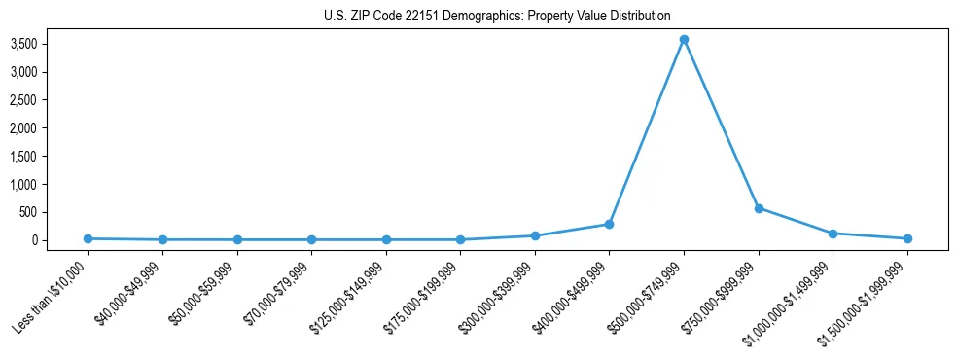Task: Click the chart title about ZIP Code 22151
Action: [x=497, y=16]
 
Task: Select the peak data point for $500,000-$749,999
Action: [x=684, y=40]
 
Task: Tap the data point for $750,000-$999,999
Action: [x=759, y=208]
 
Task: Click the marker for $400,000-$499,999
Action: [x=609, y=224]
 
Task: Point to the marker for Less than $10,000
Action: [x=88, y=238]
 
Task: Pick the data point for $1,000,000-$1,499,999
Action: [x=833, y=234]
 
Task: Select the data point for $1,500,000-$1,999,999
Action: [x=907, y=238]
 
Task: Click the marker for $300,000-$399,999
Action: [x=535, y=235]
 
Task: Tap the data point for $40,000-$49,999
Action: [x=162, y=239]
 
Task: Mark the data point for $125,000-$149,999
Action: [x=386, y=239]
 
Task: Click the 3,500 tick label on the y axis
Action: [x=51, y=44]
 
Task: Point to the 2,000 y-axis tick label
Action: [x=51, y=127]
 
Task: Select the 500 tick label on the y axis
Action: [x=56, y=212]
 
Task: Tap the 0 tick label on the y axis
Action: [x=61, y=240]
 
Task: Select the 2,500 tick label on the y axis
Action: [x=51, y=100]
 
